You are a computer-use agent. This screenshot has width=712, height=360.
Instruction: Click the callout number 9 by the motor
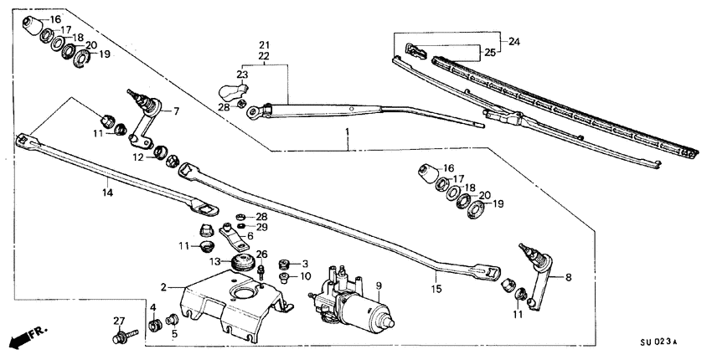(x=378, y=286)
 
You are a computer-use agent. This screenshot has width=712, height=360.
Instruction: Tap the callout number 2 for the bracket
(x=165, y=285)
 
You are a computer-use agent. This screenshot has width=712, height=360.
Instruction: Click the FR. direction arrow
(x=26, y=337)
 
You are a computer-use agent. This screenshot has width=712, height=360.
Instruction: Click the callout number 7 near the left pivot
(x=176, y=111)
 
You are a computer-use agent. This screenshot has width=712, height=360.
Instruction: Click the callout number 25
(x=491, y=53)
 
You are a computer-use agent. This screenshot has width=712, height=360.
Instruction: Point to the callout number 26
(x=261, y=255)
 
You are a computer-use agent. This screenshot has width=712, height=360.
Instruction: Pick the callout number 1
(x=348, y=133)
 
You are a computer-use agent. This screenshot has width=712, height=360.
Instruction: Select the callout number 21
(x=264, y=44)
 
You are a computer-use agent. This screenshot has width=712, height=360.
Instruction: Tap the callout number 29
(x=262, y=227)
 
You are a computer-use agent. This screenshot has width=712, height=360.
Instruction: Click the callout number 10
(x=305, y=275)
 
